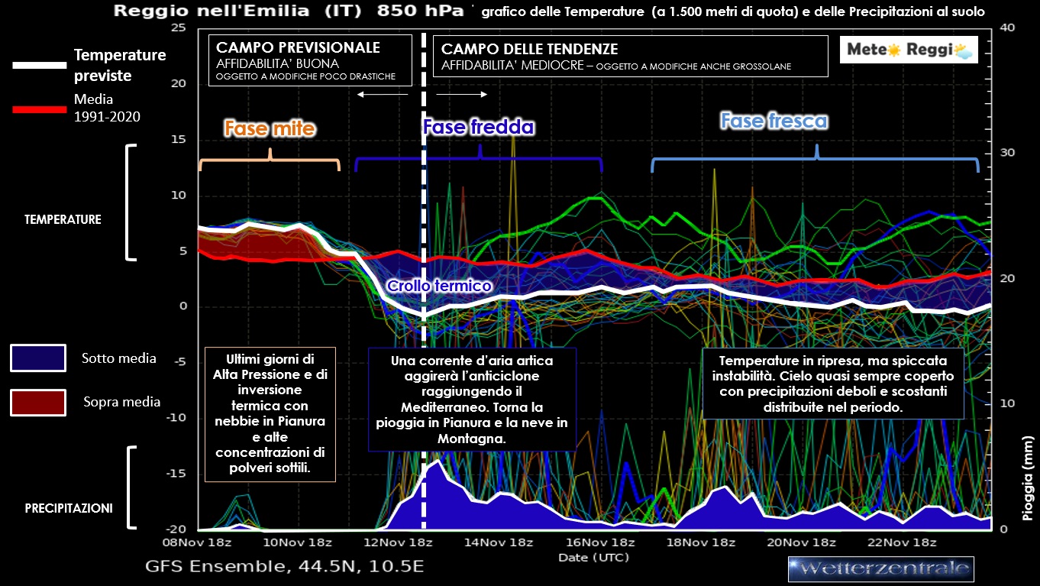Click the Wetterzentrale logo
(x=880, y=568)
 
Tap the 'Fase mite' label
(x=269, y=128)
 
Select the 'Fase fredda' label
(x=479, y=126)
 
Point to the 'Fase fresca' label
(x=774, y=121)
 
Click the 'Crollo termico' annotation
(x=438, y=286)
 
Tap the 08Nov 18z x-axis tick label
(x=198, y=543)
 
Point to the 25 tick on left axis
(x=179, y=28)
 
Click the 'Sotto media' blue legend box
(x=38, y=358)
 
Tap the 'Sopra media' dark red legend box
(x=38, y=402)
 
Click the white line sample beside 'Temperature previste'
(x=40, y=66)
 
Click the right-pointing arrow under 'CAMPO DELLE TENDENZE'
(x=462, y=94)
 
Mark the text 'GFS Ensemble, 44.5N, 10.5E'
(x=284, y=567)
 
